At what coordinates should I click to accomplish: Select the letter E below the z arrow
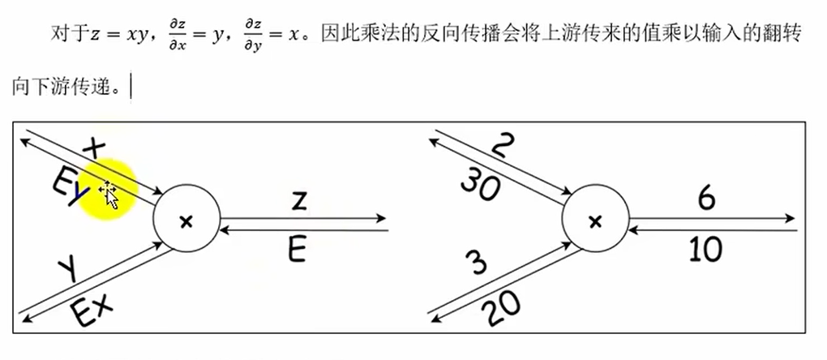(297, 251)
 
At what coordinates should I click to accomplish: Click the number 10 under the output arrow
(706, 251)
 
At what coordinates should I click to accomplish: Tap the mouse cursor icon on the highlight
(109, 195)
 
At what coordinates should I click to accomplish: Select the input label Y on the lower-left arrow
(69, 268)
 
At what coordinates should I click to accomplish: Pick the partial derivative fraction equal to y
(177, 35)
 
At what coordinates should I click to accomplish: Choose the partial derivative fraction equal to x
(253, 35)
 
